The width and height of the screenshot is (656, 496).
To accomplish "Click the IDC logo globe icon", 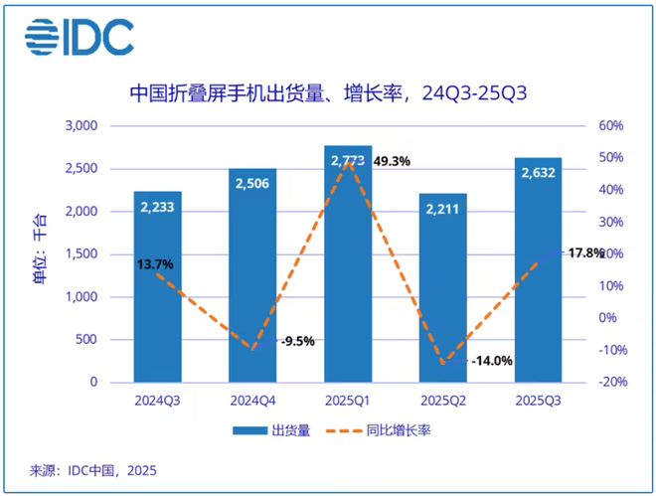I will tap(46, 37).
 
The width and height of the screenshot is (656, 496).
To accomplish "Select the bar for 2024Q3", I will tap(158, 288).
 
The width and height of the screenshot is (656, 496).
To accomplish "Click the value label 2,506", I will tap(252, 183).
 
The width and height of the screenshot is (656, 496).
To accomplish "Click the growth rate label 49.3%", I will tap(392, 161).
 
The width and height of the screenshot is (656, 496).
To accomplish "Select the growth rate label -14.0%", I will tap(491, 361).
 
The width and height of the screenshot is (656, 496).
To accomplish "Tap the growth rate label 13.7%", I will tap(156, 264).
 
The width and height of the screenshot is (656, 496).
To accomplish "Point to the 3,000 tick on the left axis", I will tap(80, 126).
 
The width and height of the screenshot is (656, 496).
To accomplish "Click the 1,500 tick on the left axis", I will tap(80, 254).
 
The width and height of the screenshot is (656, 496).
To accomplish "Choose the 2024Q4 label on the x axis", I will tap(252, 401).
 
